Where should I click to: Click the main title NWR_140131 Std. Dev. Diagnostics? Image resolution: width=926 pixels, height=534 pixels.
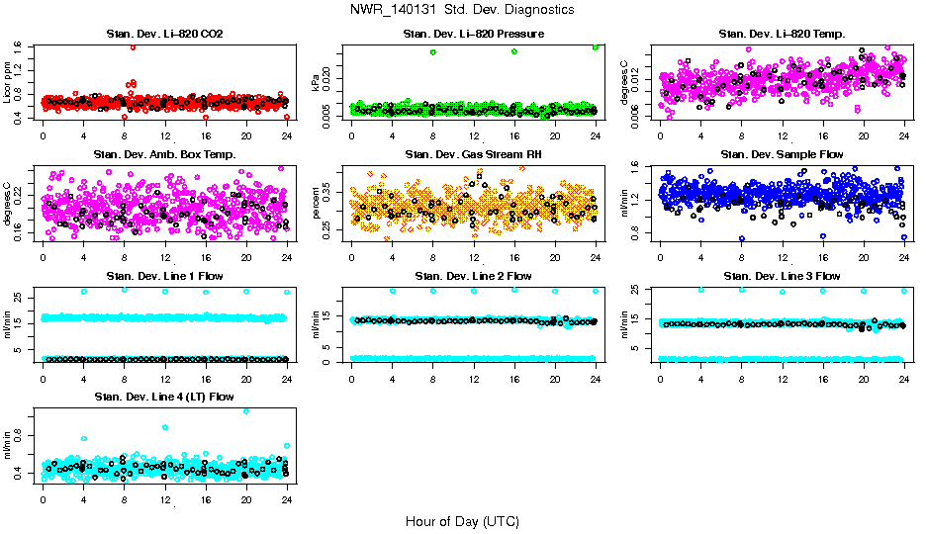(x=462, y=9)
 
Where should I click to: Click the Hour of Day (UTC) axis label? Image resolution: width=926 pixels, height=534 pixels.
(x=462, y=520)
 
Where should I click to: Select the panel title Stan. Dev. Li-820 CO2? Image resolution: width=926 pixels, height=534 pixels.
(x=164, y=34)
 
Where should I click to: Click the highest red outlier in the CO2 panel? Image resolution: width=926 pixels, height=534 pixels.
(x=133, y=46)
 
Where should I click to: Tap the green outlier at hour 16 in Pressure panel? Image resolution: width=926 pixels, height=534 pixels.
(x=514, y=51)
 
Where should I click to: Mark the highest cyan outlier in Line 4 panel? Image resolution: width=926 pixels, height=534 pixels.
(x=246, y=410)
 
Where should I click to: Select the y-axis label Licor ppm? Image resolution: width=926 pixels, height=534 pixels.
(x=8, y=82)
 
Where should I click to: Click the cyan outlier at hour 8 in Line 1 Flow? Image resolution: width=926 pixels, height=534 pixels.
(x=124, y=290)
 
